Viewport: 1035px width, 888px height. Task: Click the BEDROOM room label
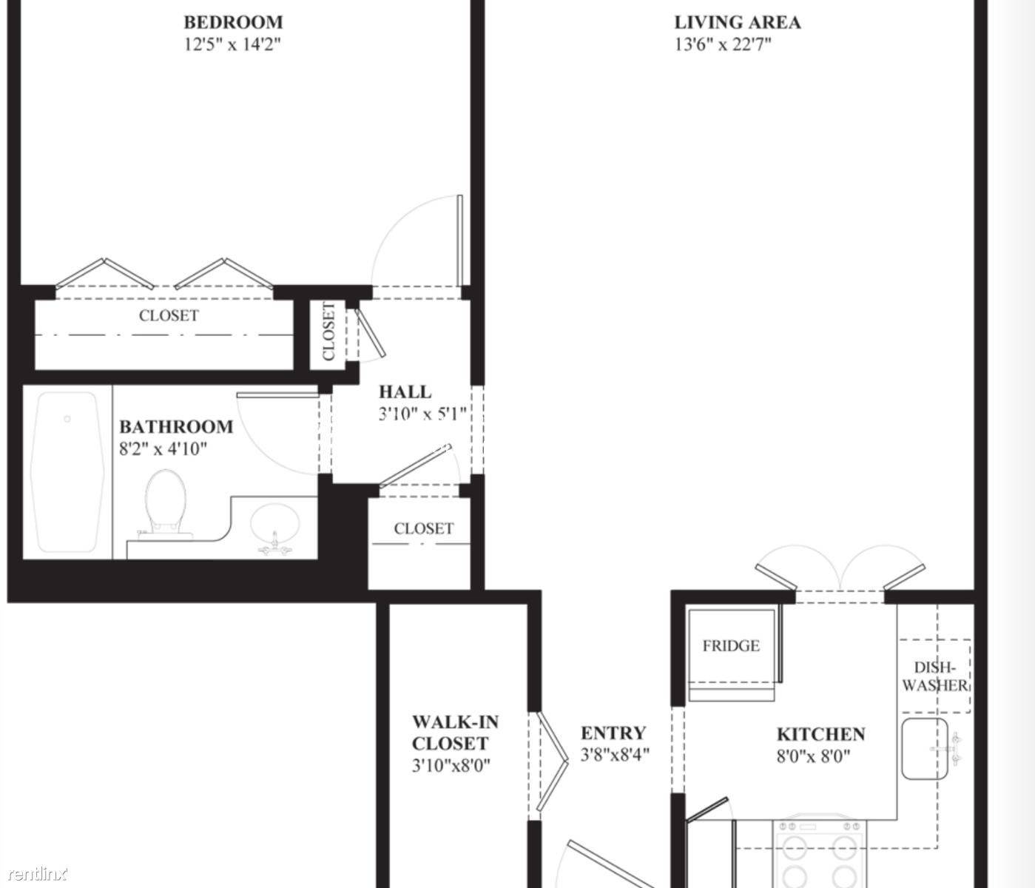coord(233,22)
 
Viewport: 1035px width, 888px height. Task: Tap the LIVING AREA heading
coord(738,22)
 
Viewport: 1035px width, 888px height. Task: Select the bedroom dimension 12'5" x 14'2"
coord(233,44)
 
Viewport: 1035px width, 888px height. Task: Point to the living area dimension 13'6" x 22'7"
coord(723,44)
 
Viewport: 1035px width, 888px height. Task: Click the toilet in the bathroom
coord(165,503)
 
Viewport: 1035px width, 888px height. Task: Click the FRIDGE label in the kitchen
coord(731,646)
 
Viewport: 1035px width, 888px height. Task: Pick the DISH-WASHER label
coord(935,676)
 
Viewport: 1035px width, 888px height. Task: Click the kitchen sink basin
coord(925,749)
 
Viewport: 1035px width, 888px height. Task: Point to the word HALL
coord(405,391)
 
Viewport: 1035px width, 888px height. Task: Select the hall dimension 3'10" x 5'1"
coord(422,414)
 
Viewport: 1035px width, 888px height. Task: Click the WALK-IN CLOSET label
coord(455,733)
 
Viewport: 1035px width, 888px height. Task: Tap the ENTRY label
coord(613,733)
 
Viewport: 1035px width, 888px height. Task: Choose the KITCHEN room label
coord(821,734)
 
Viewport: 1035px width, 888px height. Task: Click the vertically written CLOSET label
coord(328,331)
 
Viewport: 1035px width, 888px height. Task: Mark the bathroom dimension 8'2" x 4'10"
coord(163,448)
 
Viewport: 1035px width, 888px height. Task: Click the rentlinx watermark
coord(38,874)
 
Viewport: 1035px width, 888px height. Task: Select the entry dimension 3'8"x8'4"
coord(615,755)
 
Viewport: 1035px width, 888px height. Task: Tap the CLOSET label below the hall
coord(424,528)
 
